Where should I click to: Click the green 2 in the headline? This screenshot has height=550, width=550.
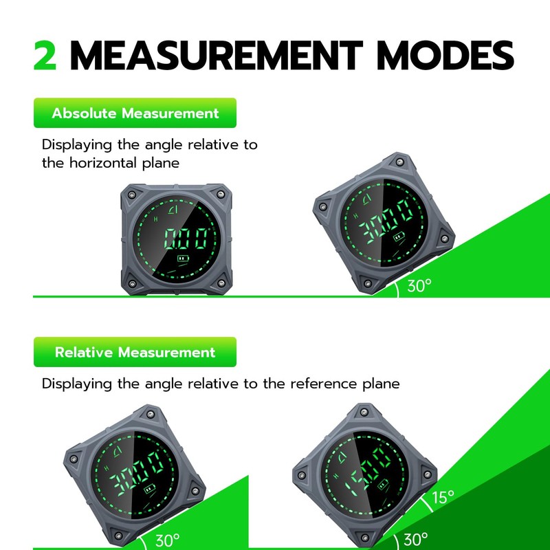(x=46, y=56)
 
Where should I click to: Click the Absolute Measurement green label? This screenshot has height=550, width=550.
(x=135, y=113)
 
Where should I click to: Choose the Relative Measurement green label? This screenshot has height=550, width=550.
(x=135, y=352)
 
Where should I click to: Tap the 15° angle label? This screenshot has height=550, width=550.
(x=443, y=497)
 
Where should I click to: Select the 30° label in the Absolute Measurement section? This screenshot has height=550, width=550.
(x=419, y=286)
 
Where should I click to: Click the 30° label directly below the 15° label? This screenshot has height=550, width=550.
(x=415, y=539)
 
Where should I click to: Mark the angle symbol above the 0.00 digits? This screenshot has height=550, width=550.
(x=173, y=208)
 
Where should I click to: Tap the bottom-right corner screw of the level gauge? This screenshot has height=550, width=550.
(x=221, y=283)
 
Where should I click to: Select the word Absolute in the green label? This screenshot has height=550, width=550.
(x=84, y=113)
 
